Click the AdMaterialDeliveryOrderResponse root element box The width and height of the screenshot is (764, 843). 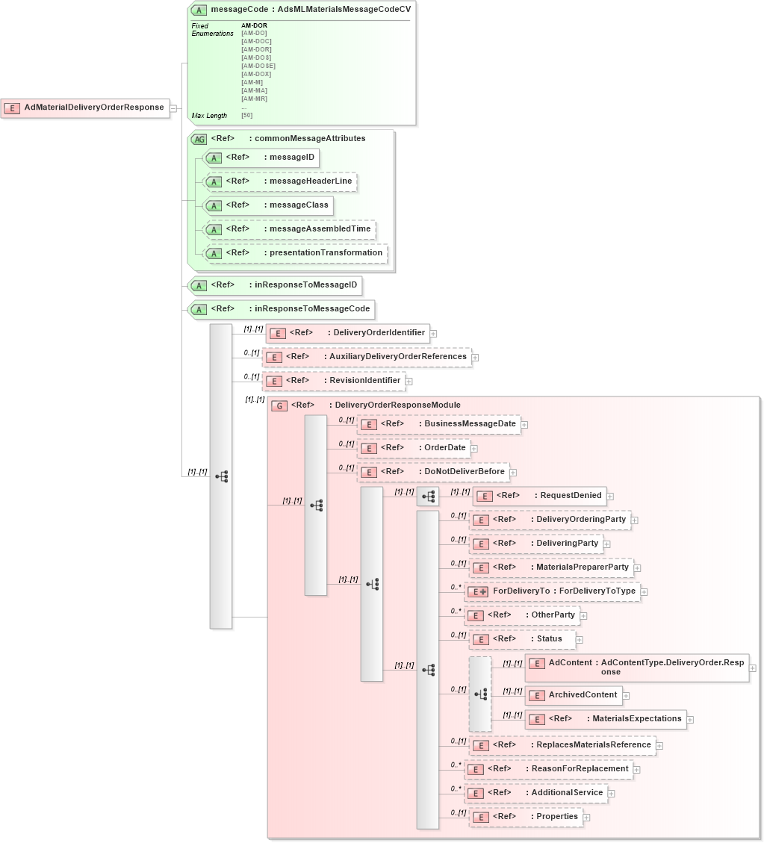pyautogui.click(x=85, y=108)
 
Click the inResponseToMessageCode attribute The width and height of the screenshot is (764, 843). pyautogui.click(x=281, y=308)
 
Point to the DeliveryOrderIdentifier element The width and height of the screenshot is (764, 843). pyautogui.click(x=348, y=333)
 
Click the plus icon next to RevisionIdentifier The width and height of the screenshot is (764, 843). pyautogui.click(x=409, y=382)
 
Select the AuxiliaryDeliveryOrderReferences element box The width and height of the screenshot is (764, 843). pyautogui.click(x=367, y=357)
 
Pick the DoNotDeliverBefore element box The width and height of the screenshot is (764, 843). pyautogui.click(x=433, y=472)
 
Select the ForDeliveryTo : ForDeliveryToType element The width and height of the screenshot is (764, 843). pyautogui.click(x=552, y=591)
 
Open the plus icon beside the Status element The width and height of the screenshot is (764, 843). pyautogui.click(x=580, y=640)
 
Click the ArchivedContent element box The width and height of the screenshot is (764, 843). pyautogui.click(x=574, y=695)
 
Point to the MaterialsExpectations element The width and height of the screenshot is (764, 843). pyautogui.click(x=606, y=719)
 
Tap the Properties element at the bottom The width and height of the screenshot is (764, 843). pyautogui.click(x=526, y=817)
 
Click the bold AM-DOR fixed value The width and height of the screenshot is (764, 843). pyautogui.click(x=254, y=25)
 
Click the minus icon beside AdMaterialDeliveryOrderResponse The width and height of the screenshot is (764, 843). pyautogui.click(x=173, y=108)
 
